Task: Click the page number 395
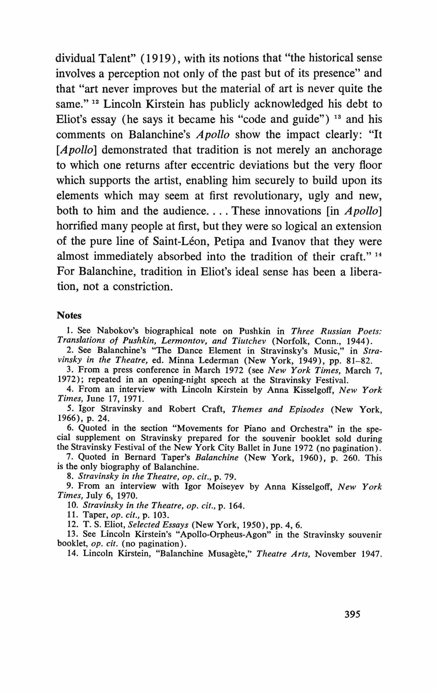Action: point(352,614)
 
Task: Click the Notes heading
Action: point(69,315)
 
